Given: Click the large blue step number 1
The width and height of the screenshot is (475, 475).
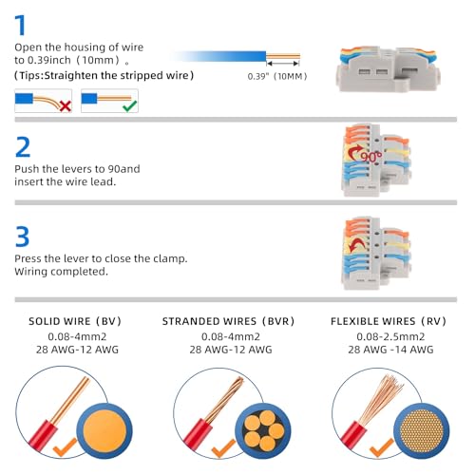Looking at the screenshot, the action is tap(21, 25).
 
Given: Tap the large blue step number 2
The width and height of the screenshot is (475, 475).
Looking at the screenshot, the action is tap(23, 147).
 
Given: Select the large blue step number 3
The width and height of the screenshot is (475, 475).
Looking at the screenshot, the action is tap(22, 237).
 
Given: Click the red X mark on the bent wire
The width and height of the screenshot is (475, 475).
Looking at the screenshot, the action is tap(66, 106).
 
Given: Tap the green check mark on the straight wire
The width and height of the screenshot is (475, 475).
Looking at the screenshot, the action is tap(130, 105).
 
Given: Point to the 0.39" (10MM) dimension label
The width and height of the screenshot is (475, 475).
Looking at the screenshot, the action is tap(277, 76).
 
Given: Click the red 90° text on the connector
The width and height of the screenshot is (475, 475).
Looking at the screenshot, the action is tap(371, 157).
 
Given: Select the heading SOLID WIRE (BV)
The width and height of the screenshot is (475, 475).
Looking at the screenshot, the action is tap(75, 321).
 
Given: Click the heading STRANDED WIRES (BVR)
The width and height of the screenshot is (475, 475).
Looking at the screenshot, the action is tap(228, 321).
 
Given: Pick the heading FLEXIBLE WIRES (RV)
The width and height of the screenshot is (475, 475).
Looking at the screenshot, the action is tap(389, 321).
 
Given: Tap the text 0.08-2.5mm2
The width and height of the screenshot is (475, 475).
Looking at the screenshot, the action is tap(390, 336).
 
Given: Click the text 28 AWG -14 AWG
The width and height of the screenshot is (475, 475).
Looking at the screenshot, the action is tap(390, 350).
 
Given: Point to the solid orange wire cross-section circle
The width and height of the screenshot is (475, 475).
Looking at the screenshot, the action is tap(104, 431).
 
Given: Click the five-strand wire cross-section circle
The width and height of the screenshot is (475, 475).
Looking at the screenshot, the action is tap(263, 430).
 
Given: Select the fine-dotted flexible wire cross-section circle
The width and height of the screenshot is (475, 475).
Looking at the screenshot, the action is tap(421, 430).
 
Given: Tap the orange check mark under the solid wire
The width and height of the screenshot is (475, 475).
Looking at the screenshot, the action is tap(65, 447).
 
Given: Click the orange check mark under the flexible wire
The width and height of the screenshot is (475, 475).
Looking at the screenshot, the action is tap(381, 447).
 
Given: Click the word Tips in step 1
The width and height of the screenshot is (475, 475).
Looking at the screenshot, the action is tap(30, 76).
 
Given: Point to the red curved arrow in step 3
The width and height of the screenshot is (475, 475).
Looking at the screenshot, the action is tap(356, 246).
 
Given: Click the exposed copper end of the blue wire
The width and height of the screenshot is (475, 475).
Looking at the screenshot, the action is tap(283, 57).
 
